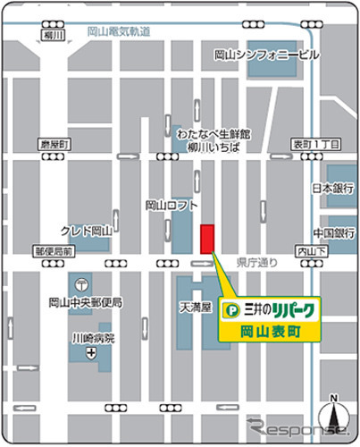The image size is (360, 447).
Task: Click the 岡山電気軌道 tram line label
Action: point(119,31)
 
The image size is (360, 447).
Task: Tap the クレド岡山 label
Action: point(86,230)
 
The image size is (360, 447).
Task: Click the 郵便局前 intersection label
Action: point(54,252)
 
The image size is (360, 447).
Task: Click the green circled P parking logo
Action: point(233,309)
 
